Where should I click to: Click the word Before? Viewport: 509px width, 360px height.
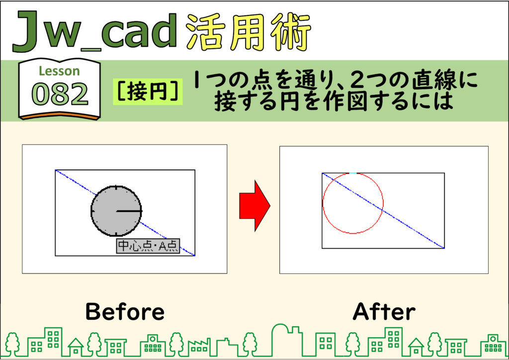[x=125, y=311]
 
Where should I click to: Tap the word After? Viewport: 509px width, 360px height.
[x=384, y=311]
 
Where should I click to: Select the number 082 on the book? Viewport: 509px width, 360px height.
[x=60, y=94]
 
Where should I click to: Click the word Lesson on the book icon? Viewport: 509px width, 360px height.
[x=60, y=71]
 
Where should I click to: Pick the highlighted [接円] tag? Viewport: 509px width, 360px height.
[x=148, y=91]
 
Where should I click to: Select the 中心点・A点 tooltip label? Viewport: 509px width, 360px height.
[x=148, y=246]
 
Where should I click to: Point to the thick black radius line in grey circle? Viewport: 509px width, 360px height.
[x=129, y=211]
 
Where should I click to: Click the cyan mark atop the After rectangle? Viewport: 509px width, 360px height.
[x=353, y=173]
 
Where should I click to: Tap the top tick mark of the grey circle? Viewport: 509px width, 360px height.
[x=116, y=187]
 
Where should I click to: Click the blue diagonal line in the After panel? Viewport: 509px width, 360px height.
[x=383, y=211]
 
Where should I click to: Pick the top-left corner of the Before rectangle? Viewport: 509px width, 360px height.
[x=55, y=170]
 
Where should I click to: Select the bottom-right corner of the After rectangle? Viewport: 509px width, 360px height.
[x=444, y=248]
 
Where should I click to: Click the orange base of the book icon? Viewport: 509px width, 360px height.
[x=60, y=116]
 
